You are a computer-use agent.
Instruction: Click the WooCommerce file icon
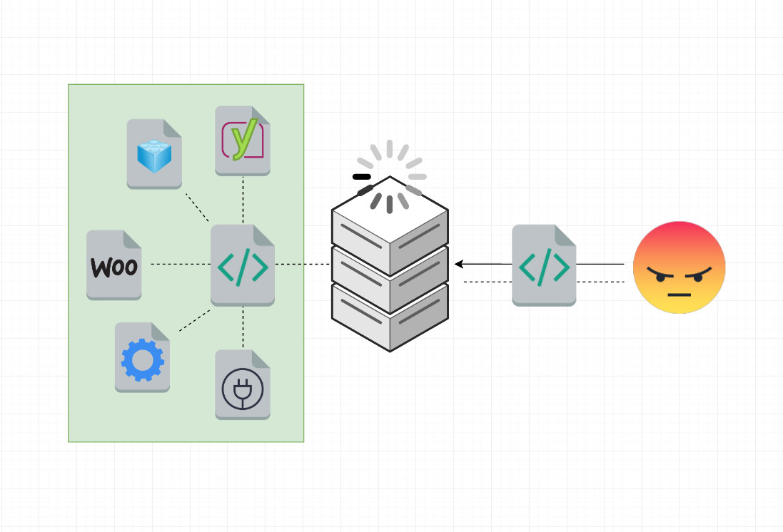point(114,265)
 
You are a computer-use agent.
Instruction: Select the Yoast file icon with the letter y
point(243,140)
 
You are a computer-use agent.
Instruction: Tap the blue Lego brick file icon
point(154,154)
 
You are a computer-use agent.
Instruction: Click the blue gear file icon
point(143,357)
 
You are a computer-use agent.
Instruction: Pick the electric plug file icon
point(243,384)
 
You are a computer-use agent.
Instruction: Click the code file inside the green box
point(243,265)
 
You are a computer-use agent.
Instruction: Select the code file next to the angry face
point(544,265)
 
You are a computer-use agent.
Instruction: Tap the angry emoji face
point(680,267)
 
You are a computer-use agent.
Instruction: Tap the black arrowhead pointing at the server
point(459,264)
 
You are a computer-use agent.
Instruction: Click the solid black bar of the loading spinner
point(362,176)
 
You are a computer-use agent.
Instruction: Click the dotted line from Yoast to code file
point(243,200)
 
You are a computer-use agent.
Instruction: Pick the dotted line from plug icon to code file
point(243,328)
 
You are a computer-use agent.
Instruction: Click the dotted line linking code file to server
point(303,265)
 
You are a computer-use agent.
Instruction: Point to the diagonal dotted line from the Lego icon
point(197,207)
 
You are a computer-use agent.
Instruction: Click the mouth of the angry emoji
point(680,293)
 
